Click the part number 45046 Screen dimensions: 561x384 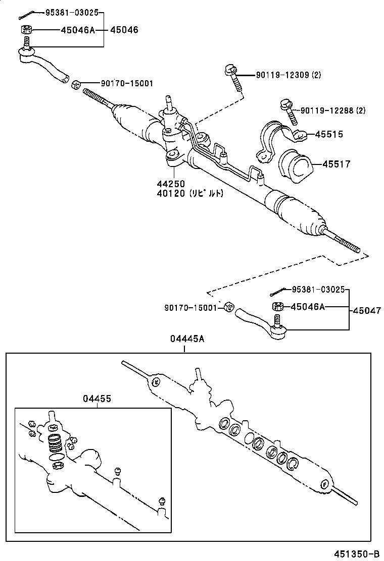click(124, 30)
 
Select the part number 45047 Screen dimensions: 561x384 click(367, 311)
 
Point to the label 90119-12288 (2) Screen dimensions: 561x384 click(333, 110)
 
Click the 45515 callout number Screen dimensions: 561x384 click(329, 134)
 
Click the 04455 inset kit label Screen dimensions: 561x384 click(97, 399)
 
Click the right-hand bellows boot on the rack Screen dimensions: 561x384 click(299, 211)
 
